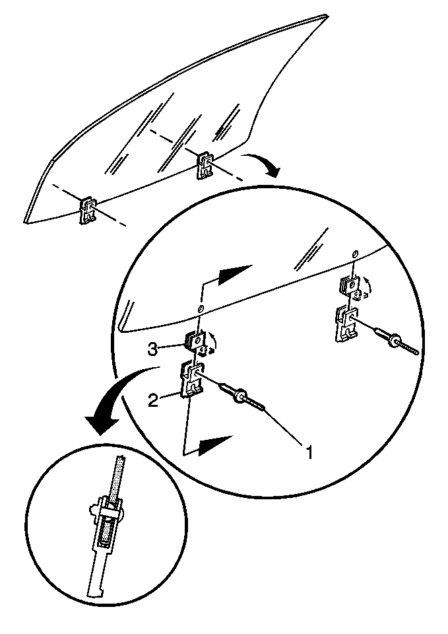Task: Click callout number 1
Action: click(x=309, y=452)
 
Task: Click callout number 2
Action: click(x=152, y=401)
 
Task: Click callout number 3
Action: click(x=152, y=349)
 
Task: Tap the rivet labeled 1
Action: click(x=242, y=396)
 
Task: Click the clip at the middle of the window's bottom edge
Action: click(x=205, y=166)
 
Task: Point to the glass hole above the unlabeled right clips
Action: click(x=354, y=254)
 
